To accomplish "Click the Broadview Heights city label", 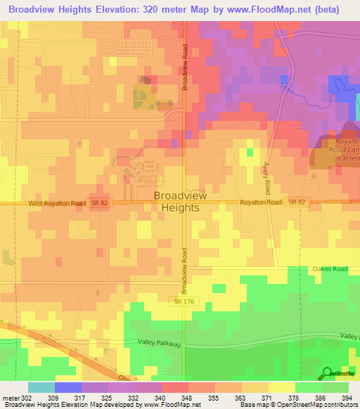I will [180, 202].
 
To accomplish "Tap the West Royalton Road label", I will [58, 203].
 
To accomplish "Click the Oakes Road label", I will [330, 268].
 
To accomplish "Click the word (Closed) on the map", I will [347, 159].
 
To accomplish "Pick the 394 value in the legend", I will [347, 397].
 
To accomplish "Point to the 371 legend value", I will [268, 397].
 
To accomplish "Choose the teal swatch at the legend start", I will [41, 387].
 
